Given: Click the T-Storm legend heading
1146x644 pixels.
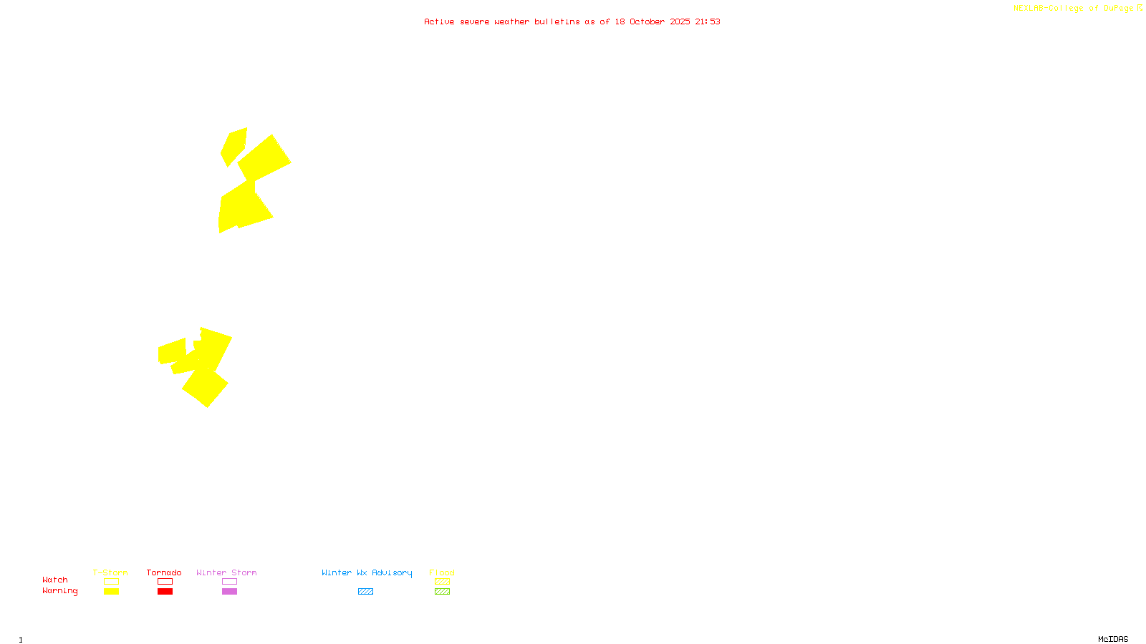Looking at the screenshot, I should tap(110, 572).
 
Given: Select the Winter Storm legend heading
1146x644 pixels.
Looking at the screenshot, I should tap(226, 572).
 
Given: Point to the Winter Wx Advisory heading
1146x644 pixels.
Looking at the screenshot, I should tap(367, 572).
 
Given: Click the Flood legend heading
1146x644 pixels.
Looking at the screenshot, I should tap(442, 572).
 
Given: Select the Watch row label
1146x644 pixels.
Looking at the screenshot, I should tap(55, 580).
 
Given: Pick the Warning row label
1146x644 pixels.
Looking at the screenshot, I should tap(60, 591).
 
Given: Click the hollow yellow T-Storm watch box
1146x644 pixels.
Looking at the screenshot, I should tap(111, 582).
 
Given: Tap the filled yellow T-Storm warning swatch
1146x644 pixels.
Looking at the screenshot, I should tap(111, 592).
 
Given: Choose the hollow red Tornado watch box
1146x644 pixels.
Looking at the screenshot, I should tap(165, 582).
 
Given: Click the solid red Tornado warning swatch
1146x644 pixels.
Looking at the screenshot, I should tap(165, 592).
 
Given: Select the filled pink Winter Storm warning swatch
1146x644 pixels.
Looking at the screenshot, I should tap(229, 592).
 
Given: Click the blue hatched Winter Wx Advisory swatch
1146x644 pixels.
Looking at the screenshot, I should tap(365, 592).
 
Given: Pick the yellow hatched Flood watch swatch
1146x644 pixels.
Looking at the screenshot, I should tap(442, 582).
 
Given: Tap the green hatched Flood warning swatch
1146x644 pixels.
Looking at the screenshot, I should tap(442, 592).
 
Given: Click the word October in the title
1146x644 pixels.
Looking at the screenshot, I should tap(647, 21).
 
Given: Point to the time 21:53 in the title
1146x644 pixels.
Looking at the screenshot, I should tap(708, 21).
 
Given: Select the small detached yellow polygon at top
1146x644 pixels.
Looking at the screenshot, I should tap(233, 146).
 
